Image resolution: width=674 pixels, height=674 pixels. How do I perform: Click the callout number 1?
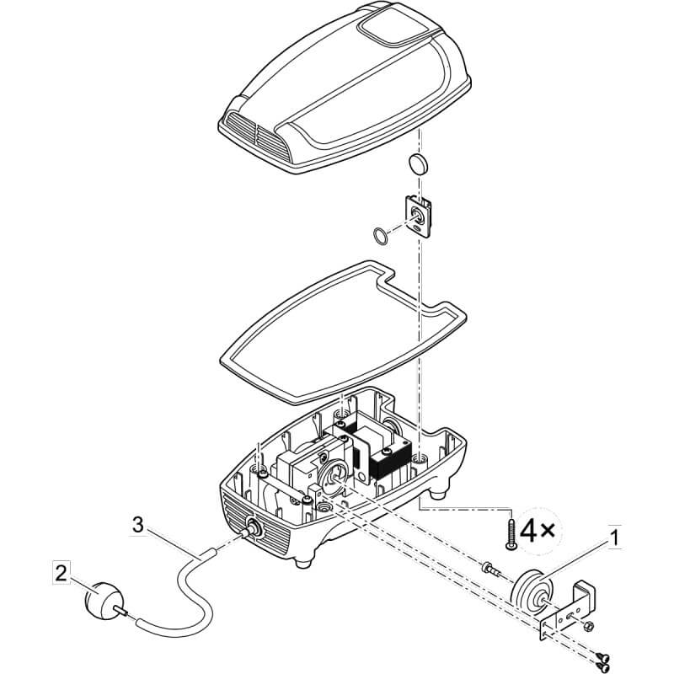coord(615,538)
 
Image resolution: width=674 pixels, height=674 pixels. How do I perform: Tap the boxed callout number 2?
coord(61,572)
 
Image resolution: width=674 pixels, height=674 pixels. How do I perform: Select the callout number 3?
coord(137,524)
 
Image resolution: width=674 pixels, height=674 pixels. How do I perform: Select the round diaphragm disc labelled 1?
coord(532,590)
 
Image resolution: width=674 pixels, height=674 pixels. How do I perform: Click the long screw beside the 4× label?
coord(511,533)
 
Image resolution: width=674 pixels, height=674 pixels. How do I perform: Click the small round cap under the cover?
coord(417,164)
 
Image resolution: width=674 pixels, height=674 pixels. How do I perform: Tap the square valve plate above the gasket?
coord(418,217)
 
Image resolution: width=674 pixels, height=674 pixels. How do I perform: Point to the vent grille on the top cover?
coord(258,136)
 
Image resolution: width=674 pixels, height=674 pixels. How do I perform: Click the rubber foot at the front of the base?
coord(304,562)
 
